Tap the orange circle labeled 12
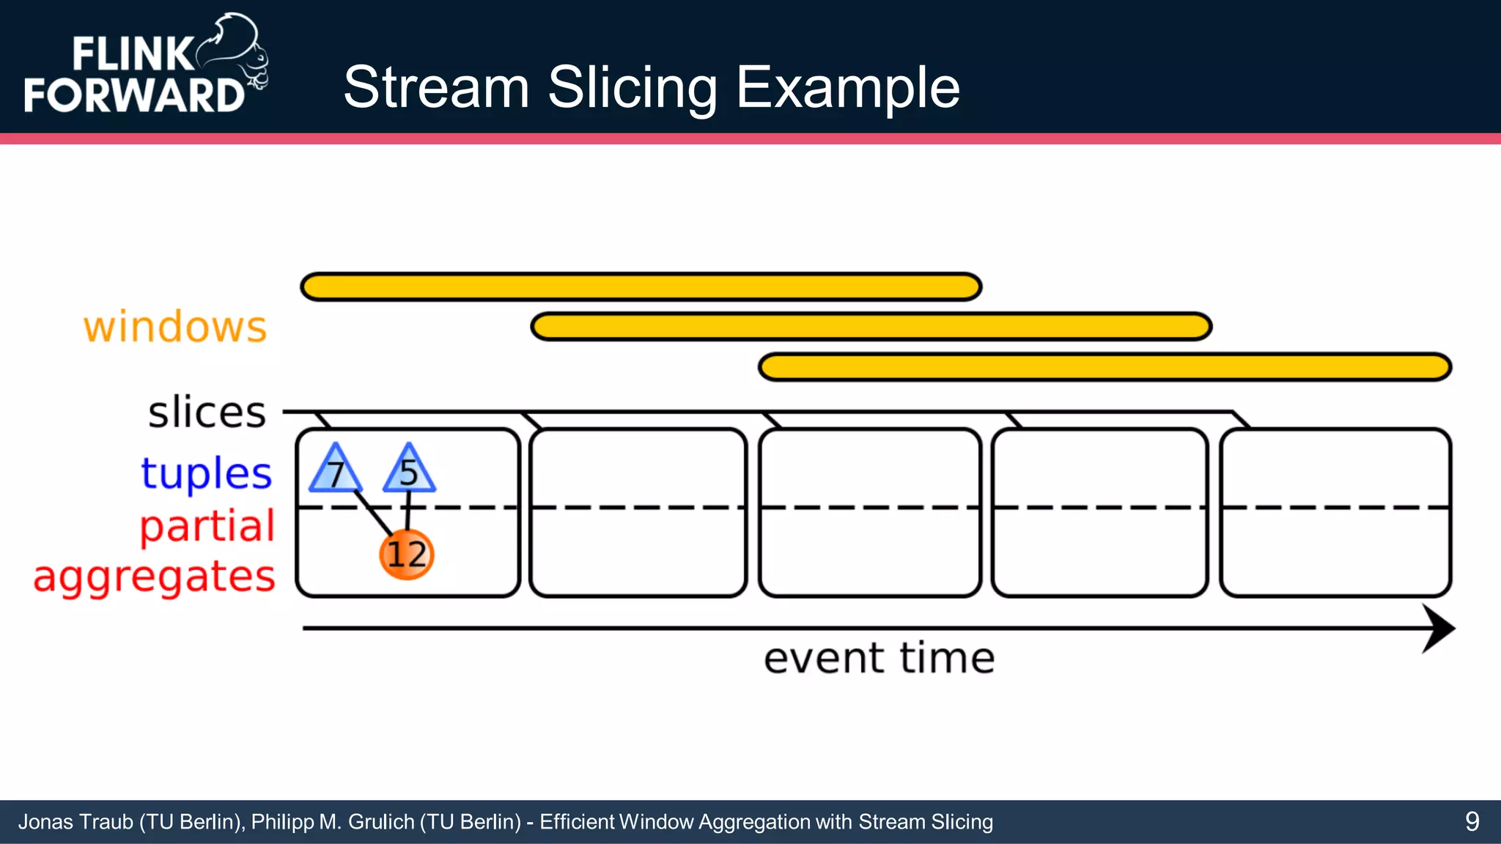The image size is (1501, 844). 407,555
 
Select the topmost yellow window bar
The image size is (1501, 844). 641,286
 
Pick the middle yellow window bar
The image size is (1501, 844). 871,326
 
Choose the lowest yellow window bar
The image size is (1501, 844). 1104,366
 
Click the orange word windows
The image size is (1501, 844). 175,327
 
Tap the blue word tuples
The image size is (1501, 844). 206,473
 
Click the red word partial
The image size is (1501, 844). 207,527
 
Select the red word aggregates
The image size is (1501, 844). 154,577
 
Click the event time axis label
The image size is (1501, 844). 879,658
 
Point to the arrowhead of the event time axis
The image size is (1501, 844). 1439,628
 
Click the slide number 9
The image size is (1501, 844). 1472,821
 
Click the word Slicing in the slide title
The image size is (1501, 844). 633,88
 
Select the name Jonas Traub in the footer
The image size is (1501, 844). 75,822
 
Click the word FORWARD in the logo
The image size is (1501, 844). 133,95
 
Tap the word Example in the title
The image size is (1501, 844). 847,88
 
